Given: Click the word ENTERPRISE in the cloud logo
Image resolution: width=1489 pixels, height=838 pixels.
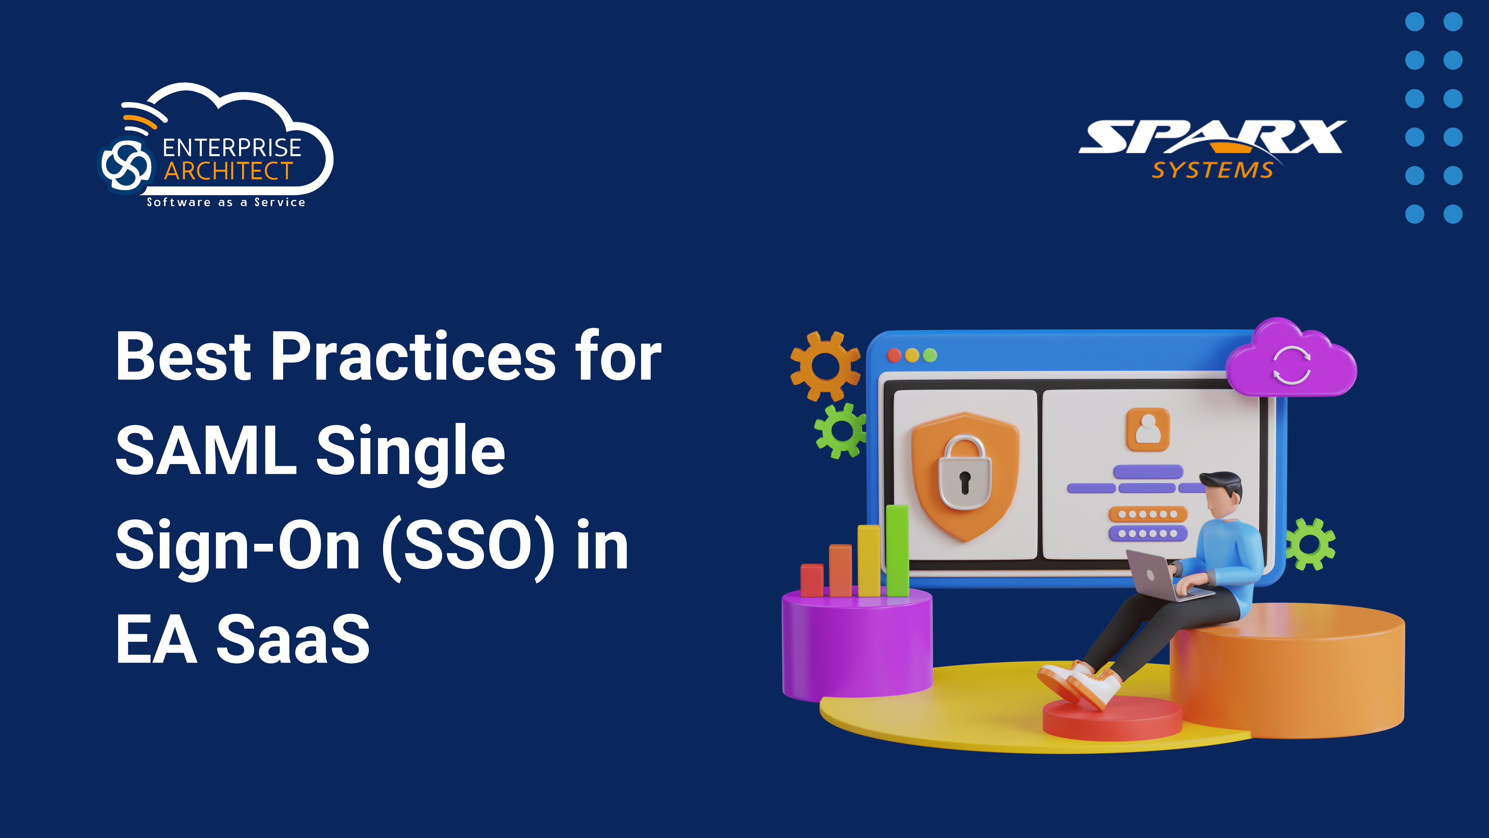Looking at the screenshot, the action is point(232,148).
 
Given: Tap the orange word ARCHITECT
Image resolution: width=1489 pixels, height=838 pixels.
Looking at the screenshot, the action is point(229,171).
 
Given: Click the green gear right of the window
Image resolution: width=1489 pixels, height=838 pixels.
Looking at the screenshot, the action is point(1310,544).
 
